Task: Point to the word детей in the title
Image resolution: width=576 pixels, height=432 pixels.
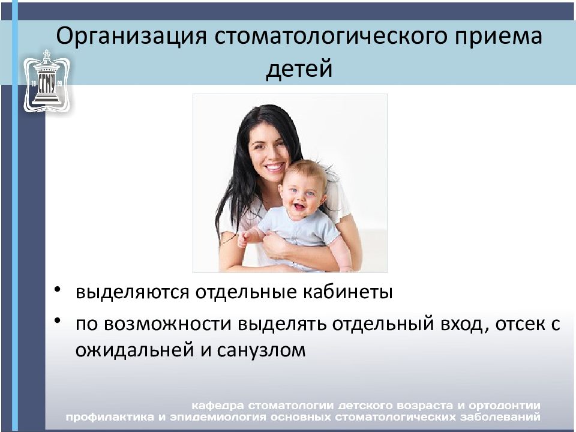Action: tap(299, 69)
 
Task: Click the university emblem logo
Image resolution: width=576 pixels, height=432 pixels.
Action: tap(46, 81)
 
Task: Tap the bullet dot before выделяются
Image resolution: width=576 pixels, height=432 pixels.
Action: tap(57, 289)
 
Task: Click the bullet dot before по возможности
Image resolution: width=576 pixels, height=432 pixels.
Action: tap(57, 320)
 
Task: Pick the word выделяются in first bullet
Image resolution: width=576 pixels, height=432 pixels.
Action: tap(132, 293)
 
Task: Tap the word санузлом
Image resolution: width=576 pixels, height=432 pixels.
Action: tap(261, 350)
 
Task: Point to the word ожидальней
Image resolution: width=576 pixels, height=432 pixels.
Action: tap(134, 350)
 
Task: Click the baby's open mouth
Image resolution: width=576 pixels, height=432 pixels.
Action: tap(299, 206)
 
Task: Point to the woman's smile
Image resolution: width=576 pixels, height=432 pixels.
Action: tap(274, 167)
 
